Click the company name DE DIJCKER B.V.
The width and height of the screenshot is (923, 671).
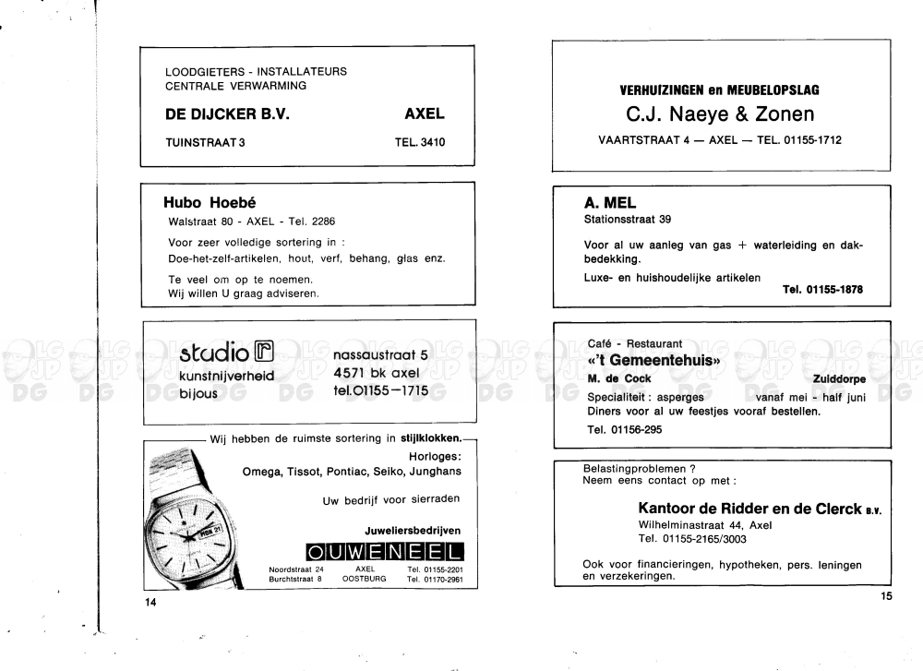[x=227, y=114]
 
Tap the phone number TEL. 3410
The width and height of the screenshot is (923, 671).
[x=419, y=142]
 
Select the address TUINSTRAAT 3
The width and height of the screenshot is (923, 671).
[x=205, y=142]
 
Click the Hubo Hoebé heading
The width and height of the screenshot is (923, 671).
[x=209, y=203]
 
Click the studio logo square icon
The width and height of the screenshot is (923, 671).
[x=265, y=352]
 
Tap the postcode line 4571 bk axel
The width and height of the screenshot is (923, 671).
[x=376, y=373]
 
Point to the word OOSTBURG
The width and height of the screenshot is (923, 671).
[x=364, y=580]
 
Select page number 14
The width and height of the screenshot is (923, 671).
[x=151, y=603]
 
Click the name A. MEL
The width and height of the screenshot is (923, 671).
[x=610, y=203]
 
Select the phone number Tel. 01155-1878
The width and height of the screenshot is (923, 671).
[x=822, y=289]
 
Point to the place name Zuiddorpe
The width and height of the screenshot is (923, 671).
[x=840, y=378]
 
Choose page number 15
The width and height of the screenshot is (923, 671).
[x=887, y=596]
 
